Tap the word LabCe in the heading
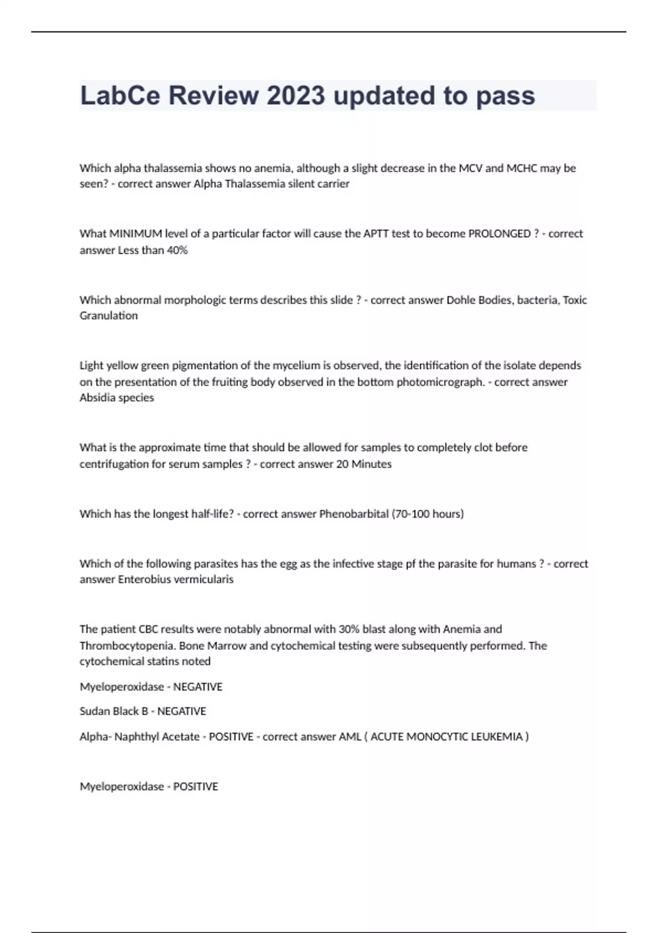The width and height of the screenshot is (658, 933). tap(120, 95)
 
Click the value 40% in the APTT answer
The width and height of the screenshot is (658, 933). tap(177, 250)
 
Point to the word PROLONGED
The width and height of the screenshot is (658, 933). tap(499, 234)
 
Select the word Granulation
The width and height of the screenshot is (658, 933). tap(109, 316)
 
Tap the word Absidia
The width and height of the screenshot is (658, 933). tap(97, 397)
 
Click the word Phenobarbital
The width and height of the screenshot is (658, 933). tap(354, 514)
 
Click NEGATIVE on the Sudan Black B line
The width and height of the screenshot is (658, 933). tap(181, 711)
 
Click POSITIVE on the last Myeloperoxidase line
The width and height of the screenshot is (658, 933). tap(195, 786)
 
